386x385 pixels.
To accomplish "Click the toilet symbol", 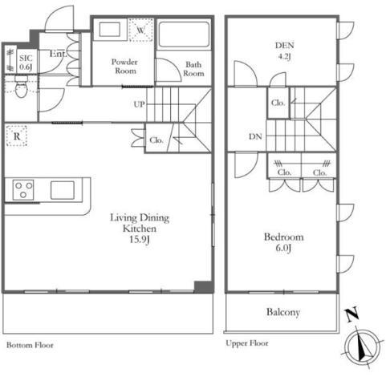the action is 22,87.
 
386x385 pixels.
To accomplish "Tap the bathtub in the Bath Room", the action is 184,34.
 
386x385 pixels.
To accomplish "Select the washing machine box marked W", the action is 141,30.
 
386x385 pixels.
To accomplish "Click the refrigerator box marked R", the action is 17,136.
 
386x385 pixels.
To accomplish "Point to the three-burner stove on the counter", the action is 23,190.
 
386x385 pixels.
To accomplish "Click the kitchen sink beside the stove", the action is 63,190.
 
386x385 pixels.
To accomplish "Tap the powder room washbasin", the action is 110,30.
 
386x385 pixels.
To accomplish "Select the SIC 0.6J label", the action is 26,63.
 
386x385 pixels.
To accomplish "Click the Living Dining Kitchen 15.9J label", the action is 140,229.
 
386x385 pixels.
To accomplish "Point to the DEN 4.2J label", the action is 284,51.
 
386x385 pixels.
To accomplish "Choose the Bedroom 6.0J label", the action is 283,242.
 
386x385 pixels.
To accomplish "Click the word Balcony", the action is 283,312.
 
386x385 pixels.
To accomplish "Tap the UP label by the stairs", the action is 140,104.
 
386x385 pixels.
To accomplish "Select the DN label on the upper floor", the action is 255,136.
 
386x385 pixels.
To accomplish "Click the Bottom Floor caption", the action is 30,345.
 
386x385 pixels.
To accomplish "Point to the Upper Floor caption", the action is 247,343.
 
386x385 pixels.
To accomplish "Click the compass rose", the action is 363,347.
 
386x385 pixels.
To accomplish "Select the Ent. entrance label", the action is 58,54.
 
